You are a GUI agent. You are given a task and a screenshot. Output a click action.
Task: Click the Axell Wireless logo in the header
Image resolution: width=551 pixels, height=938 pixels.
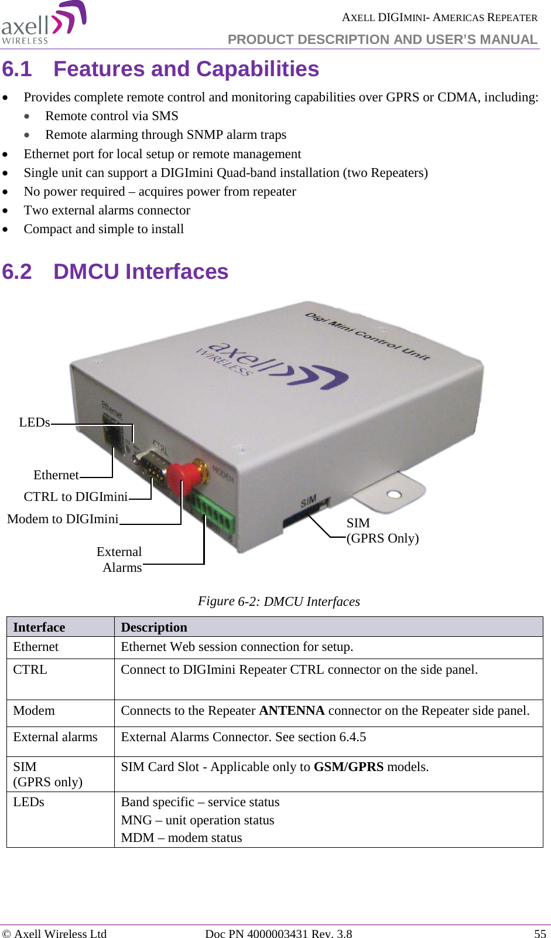pyautogui.click(x=43, y=23)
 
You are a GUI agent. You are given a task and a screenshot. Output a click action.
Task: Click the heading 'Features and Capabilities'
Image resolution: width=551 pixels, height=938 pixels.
pyautogui.click(x=186, y=69)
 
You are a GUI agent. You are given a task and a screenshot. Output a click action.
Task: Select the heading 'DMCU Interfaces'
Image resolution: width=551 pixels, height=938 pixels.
pyautogui.click(x=141, y=272)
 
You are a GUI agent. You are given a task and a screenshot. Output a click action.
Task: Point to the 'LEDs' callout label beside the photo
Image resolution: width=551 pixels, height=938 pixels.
pyautogui.click(x=34, y=422)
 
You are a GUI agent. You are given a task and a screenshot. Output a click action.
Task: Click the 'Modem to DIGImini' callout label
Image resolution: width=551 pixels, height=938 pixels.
pyautogui.click(x=63, y=519)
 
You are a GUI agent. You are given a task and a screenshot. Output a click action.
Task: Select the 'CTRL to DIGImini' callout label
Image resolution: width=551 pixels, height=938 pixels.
pyautogui.click(x=76, y=497)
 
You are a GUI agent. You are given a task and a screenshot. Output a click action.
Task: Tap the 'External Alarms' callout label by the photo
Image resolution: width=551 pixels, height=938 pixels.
pyautogui.click(x=121, y=560)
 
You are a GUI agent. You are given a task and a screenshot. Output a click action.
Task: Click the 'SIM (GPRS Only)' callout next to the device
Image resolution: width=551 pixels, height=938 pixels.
pyautogui.click(x=382, y=531)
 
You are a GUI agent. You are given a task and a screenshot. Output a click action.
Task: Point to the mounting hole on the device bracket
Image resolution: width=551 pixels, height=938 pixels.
pyautogui.click(x=394, y=494)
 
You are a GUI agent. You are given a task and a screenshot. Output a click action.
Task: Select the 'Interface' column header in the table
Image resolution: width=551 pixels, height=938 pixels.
pyautogui.click(x=39, y=627)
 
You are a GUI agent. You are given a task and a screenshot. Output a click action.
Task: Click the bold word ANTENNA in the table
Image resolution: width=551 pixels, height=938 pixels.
pyautogui.click(x=292, y=711)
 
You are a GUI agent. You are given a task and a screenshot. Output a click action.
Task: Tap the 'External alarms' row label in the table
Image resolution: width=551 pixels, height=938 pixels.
pyautogui.click(x=56, y=737)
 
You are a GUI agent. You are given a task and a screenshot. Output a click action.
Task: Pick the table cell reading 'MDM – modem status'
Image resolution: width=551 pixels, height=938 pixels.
pyautogui.click(x=182, y=838)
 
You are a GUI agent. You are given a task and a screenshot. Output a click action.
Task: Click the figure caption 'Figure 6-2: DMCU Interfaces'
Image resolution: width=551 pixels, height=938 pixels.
pyautogui.click(x=279, y=602)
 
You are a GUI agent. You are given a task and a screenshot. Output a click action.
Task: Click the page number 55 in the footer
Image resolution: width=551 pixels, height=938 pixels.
pyautogui.click(x=539, y=934)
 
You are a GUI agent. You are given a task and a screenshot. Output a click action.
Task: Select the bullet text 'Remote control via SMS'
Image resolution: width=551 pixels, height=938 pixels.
pyautogui.click(x=112, y=116)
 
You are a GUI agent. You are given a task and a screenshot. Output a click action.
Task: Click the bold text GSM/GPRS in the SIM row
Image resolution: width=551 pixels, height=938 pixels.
pyautogui.click(x=348, y=767)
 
